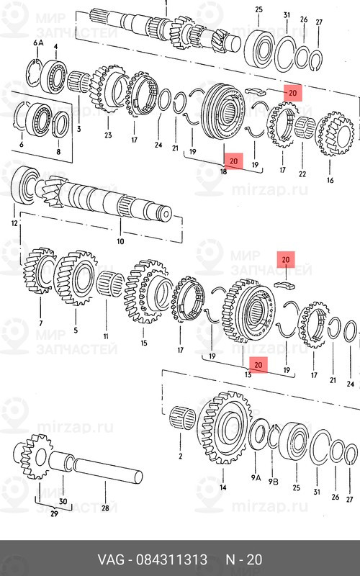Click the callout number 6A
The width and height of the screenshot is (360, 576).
39,44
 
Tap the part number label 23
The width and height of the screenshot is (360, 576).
108,135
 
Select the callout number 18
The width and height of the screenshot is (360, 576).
224,172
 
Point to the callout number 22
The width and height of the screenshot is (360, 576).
302,175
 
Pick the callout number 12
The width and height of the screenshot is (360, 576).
14,224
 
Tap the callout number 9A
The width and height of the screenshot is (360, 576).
256,477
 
